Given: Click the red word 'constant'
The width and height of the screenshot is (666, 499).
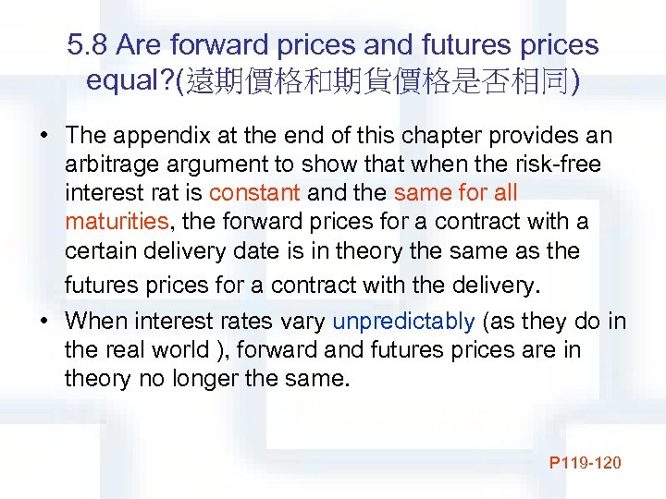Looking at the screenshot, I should tap(255, 193).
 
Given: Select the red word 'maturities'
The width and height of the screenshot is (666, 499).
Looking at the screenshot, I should tap(116, 222).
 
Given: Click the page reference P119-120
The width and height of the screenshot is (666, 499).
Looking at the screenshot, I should tap(585, 461).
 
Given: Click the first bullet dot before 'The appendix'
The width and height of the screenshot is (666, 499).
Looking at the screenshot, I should tap(43, 136).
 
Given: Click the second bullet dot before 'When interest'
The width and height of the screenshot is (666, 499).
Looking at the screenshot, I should tap(43, 322).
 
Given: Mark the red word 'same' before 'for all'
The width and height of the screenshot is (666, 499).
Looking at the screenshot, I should tap(421, 193).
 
